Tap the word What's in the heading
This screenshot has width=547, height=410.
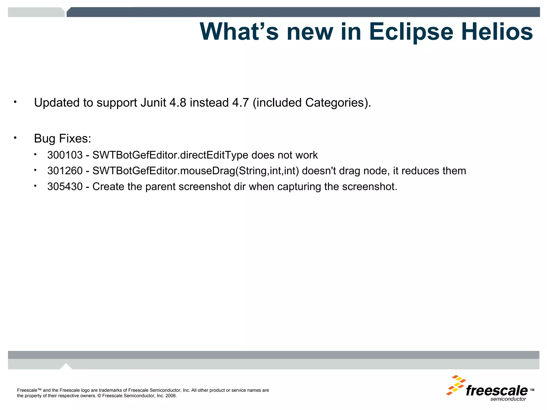coord(239,31)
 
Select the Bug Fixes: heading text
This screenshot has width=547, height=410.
coord(62,139)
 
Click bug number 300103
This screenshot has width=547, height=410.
coord(65,155)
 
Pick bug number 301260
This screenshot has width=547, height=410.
coord(65,171)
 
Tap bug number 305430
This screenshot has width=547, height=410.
coord(65,187)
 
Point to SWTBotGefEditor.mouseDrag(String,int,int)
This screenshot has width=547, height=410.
coord(196,171)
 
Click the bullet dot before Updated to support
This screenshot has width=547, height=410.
coord(15,102)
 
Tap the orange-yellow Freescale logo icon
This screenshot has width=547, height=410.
coord(456,385)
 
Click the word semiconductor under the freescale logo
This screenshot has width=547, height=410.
coord(508,399)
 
